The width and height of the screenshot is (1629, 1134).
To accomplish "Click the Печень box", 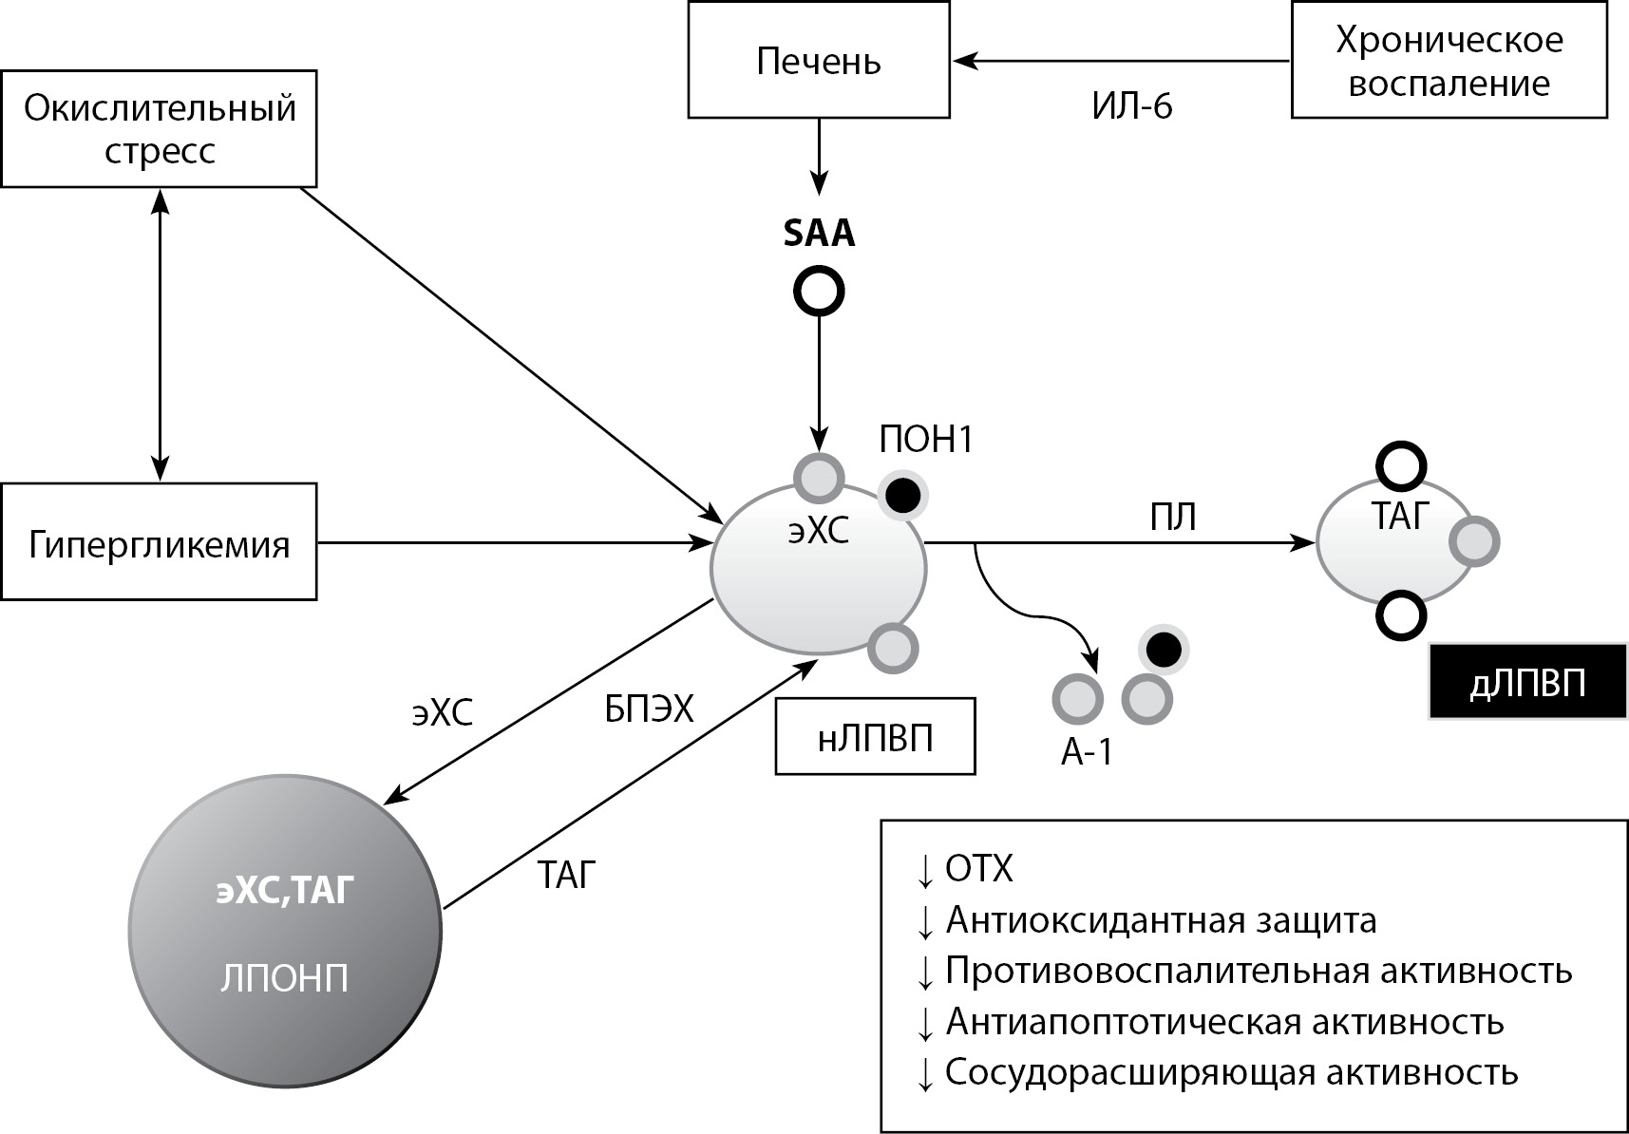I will (x=818, y=61).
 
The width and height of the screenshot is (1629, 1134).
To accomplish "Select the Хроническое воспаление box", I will (x=1449, y=61).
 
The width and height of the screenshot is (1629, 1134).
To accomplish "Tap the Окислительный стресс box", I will (x=159, y=129).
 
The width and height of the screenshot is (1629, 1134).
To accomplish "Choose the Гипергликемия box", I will (x=159, y=543).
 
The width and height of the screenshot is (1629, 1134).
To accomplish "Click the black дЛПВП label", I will (x=1527, y=684).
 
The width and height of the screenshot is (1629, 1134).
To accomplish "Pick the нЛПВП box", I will (x=875, y=737).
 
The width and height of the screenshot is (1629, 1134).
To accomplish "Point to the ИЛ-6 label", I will (x=1132, y=105).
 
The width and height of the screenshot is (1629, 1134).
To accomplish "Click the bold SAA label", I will (x=819, y=234).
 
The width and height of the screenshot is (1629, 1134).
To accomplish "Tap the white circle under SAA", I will (x=819, y=291).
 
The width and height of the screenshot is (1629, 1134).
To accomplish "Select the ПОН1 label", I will (x=926, y=441).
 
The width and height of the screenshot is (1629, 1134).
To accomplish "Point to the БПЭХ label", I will (x=650, y=709).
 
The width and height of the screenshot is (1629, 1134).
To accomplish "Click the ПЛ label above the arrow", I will (x=1173, y=518).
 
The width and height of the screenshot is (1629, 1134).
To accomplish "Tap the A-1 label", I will (x=1087, y=752).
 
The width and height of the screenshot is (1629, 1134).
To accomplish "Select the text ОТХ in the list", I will (x=979, y=869).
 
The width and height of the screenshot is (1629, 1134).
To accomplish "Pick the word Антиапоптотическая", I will (x=1123, y=1022).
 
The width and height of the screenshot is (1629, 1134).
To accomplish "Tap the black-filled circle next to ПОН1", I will (x=901, y=495).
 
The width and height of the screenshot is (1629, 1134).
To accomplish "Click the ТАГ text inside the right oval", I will (x=1400, y=516).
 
